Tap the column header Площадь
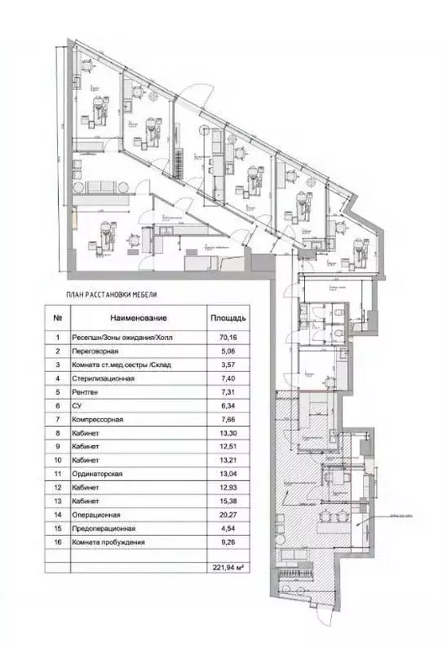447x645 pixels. click(x=226, y=319)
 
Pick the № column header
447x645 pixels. click(x=56, y=319)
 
